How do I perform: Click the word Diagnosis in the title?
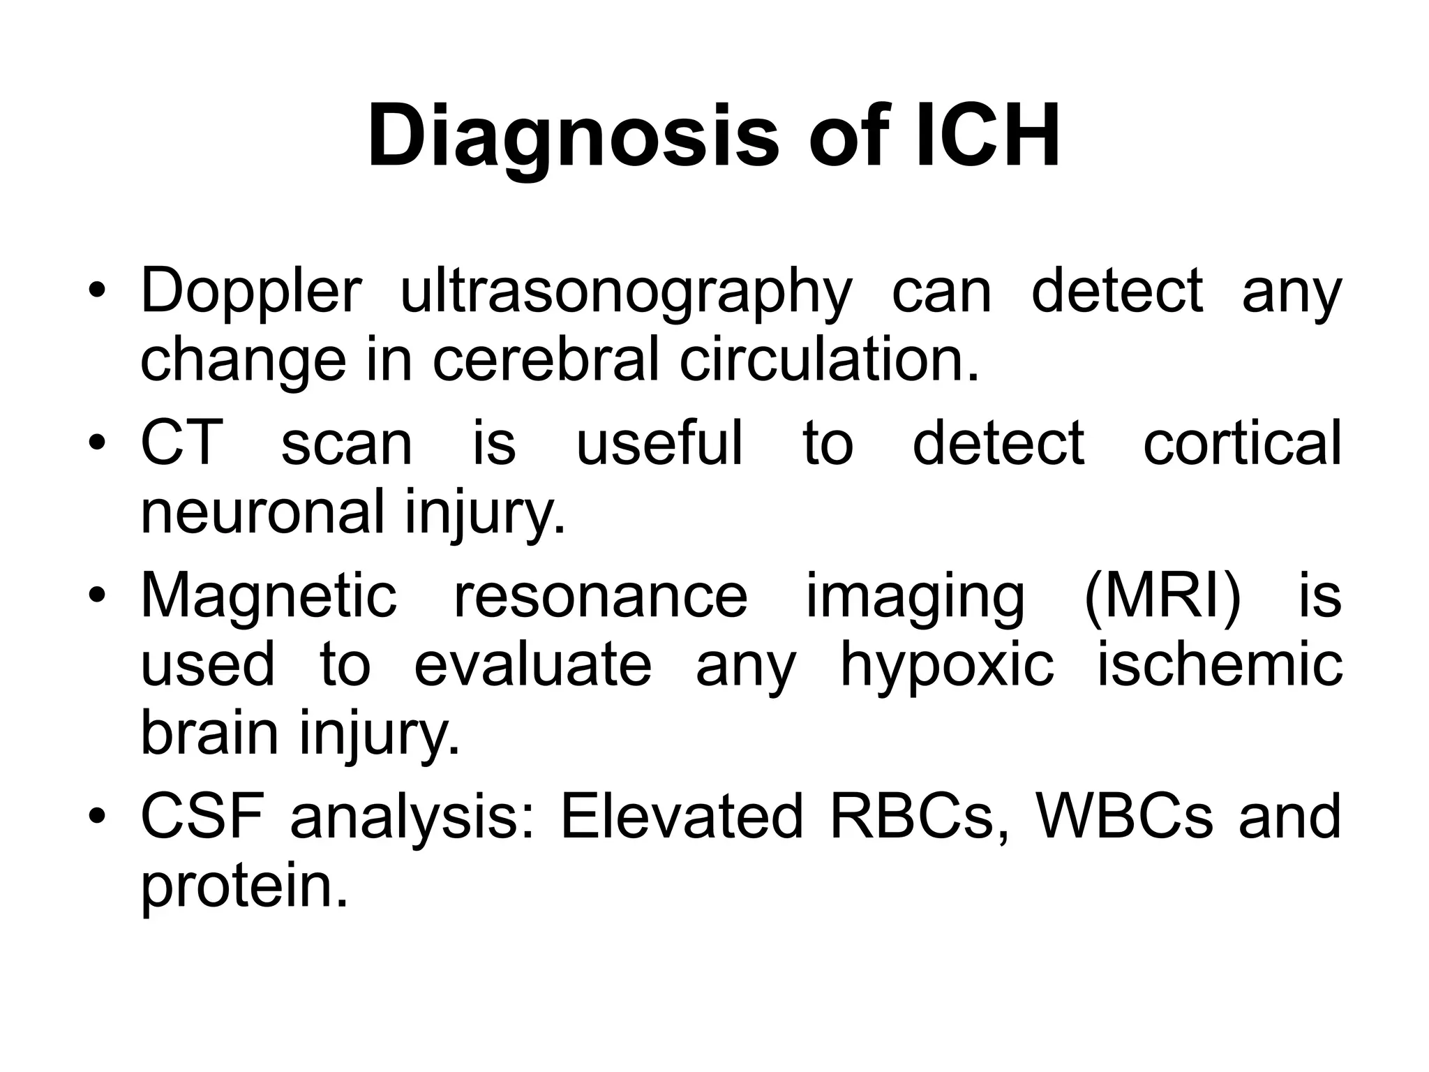[572, 136]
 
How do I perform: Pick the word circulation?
[829, 361]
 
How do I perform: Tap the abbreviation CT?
[181, 443]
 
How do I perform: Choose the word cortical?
[1242, 443]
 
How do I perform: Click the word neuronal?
[262, 512]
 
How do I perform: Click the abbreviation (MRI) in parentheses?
[1163, 597]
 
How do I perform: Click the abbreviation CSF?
[202, 817]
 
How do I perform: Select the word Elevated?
[682, 817]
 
